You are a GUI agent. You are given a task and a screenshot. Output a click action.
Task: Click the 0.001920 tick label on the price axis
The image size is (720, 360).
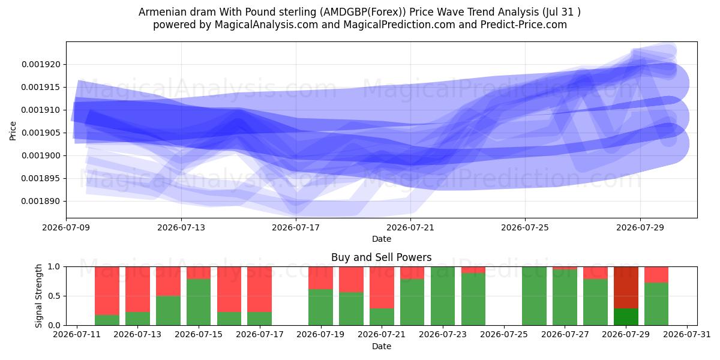point(41,65)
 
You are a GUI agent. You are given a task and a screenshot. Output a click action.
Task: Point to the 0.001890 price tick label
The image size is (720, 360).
point(41,202)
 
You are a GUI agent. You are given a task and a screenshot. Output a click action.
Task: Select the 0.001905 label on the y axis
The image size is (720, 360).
point(41,133)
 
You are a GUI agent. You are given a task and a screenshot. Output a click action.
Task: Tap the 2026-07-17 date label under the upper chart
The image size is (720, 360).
point(296,228)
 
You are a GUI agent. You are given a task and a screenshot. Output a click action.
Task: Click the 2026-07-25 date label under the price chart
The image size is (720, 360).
point(525,228)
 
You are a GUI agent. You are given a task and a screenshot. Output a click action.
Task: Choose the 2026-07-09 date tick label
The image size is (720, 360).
point(66,228)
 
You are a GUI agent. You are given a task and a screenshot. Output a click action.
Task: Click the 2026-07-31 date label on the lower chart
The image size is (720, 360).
point(687,335)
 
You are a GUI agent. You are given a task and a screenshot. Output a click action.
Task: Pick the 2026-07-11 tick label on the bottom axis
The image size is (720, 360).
point(77,335)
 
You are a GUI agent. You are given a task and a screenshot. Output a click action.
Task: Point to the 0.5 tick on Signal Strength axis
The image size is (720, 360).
point(53,296)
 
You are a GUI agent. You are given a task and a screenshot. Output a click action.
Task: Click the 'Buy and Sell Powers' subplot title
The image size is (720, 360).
point(382,257)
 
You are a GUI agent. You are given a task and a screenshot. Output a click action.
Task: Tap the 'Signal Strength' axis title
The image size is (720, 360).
point(38,296)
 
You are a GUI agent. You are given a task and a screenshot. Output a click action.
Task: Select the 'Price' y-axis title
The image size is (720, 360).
point(13,131)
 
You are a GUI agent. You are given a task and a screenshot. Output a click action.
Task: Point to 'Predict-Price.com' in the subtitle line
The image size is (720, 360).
point(524,25)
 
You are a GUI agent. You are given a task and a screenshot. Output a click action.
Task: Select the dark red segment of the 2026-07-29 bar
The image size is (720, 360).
point(626,287)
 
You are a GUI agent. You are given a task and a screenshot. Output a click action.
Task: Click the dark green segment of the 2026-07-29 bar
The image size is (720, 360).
point(626,317)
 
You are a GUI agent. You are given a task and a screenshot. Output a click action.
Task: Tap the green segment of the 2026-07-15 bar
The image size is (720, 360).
point(199,302)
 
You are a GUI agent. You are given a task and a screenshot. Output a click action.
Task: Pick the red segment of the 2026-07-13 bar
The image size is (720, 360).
point(137,289)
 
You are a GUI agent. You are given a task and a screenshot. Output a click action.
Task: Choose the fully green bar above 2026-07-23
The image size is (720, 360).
point(443,296)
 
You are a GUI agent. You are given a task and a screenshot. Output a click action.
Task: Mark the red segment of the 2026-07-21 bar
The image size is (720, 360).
point(382,287)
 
